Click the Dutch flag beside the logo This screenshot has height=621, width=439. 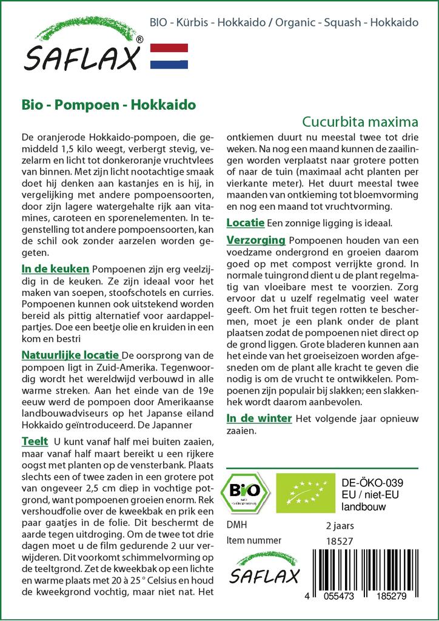point(169,56)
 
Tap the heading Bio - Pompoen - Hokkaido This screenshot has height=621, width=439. point(109,104)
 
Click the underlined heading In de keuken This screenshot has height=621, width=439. point(55,269)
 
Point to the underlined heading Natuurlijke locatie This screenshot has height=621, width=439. point(70,355)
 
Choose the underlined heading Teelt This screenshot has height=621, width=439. point(34,441)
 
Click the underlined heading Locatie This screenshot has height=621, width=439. point(245,223)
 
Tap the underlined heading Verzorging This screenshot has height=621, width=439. point(255,240)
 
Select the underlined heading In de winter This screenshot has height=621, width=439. point(259,418)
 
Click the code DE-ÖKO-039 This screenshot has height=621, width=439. point(372,483)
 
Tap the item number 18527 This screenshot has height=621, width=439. point(339,540)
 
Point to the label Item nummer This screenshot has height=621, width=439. point(253,540)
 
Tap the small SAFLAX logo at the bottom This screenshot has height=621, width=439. point(263,569)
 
